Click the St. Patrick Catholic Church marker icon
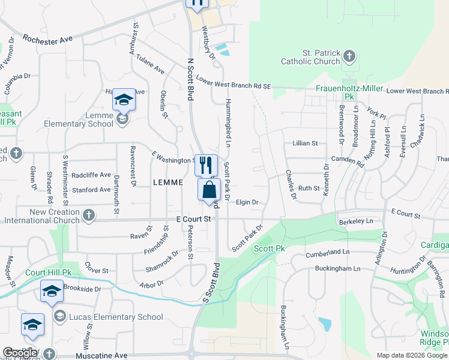click(349, 58)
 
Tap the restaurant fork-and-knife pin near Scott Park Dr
click(206, 164)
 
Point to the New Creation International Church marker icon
click(89, 215)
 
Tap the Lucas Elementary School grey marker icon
click(59, 316)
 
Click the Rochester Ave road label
click(47, 38)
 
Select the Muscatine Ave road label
click(101, 355)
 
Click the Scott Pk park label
click(269, 248)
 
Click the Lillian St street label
click(305, 143)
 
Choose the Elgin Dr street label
click(247, 203)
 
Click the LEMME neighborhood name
click(167, 182)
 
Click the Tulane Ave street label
click(151, 63)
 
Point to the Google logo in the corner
click(20, 353)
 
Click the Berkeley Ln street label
click(357, 221)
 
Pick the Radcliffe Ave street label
click(91, 175)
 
